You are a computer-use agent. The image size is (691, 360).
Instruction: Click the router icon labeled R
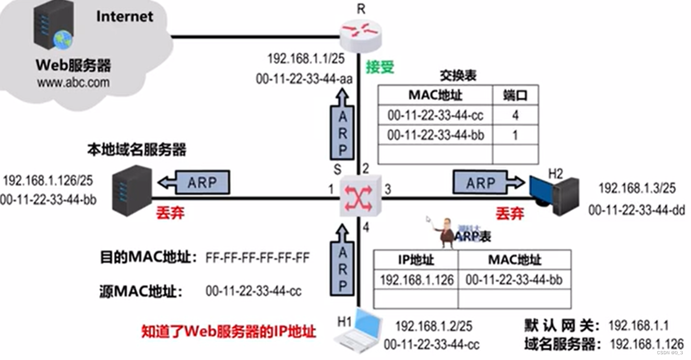(x=360, y=32)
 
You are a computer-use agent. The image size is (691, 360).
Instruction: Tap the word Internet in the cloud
(x=125, y=16)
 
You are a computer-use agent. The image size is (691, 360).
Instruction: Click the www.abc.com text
(x=73, y=82)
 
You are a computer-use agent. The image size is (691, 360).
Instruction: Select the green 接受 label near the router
(x=379, y=67)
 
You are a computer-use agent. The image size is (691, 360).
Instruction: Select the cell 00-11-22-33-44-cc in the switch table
(x=435, y=115)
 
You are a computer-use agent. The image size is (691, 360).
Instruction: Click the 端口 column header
(x=515, y=95)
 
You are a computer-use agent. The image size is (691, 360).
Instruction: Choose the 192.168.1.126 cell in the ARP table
(x=416, y=280)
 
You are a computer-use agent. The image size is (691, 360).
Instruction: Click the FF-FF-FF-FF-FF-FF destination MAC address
(x=258, y=257)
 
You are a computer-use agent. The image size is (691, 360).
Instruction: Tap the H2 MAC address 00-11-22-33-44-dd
(x=637, y=210)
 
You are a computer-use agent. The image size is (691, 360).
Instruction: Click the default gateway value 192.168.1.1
(x=639, y=326)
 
